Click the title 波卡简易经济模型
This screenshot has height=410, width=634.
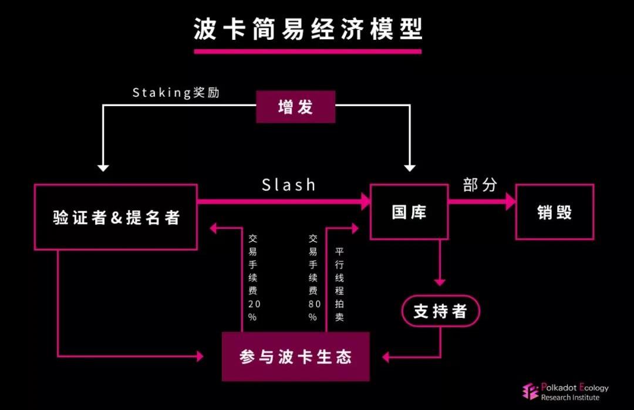point(308,29)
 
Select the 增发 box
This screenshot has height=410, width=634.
point(295,107)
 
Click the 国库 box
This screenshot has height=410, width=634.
point(409,212)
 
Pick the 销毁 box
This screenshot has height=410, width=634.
point(554,212)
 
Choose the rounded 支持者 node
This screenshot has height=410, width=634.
point(440,311)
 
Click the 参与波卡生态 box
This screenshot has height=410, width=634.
point(295,356)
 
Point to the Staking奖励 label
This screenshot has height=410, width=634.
point(176,93)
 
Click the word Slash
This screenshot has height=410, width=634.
point(288,185)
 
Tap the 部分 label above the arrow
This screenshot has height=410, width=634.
point(480,185)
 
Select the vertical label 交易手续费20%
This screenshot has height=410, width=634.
point(252,277)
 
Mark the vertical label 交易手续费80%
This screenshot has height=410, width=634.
point(313,277)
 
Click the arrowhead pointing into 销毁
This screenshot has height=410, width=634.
point(510,202)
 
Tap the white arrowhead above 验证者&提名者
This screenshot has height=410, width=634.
point(103,167)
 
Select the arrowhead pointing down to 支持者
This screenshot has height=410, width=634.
point(440,282)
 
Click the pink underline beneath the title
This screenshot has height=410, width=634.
point(308,51)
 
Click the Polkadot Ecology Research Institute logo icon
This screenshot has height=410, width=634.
point(531,392)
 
